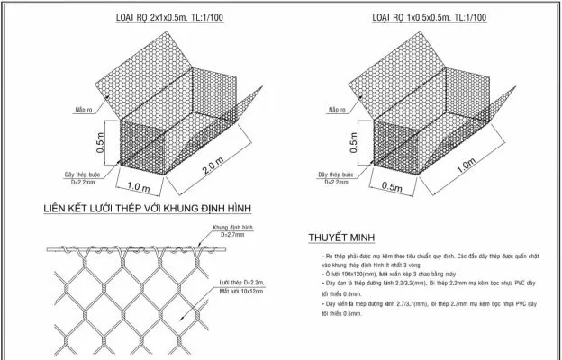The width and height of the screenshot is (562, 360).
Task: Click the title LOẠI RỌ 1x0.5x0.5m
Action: [430, 19]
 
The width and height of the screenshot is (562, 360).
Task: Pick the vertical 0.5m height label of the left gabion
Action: [101, 142]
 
